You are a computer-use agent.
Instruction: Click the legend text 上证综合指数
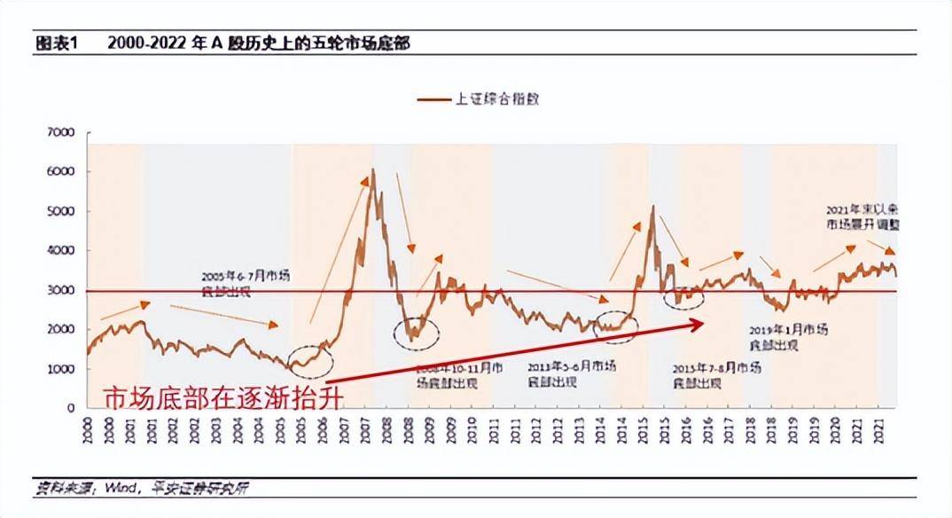coord(496,99)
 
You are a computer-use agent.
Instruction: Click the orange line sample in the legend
coord(434,99)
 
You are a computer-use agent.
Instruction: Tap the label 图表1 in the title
coord(57,43)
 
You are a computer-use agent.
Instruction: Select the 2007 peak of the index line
coord(372,170)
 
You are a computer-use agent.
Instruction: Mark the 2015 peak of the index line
coord(652,207)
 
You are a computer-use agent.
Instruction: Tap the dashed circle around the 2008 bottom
coord(416,332)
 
